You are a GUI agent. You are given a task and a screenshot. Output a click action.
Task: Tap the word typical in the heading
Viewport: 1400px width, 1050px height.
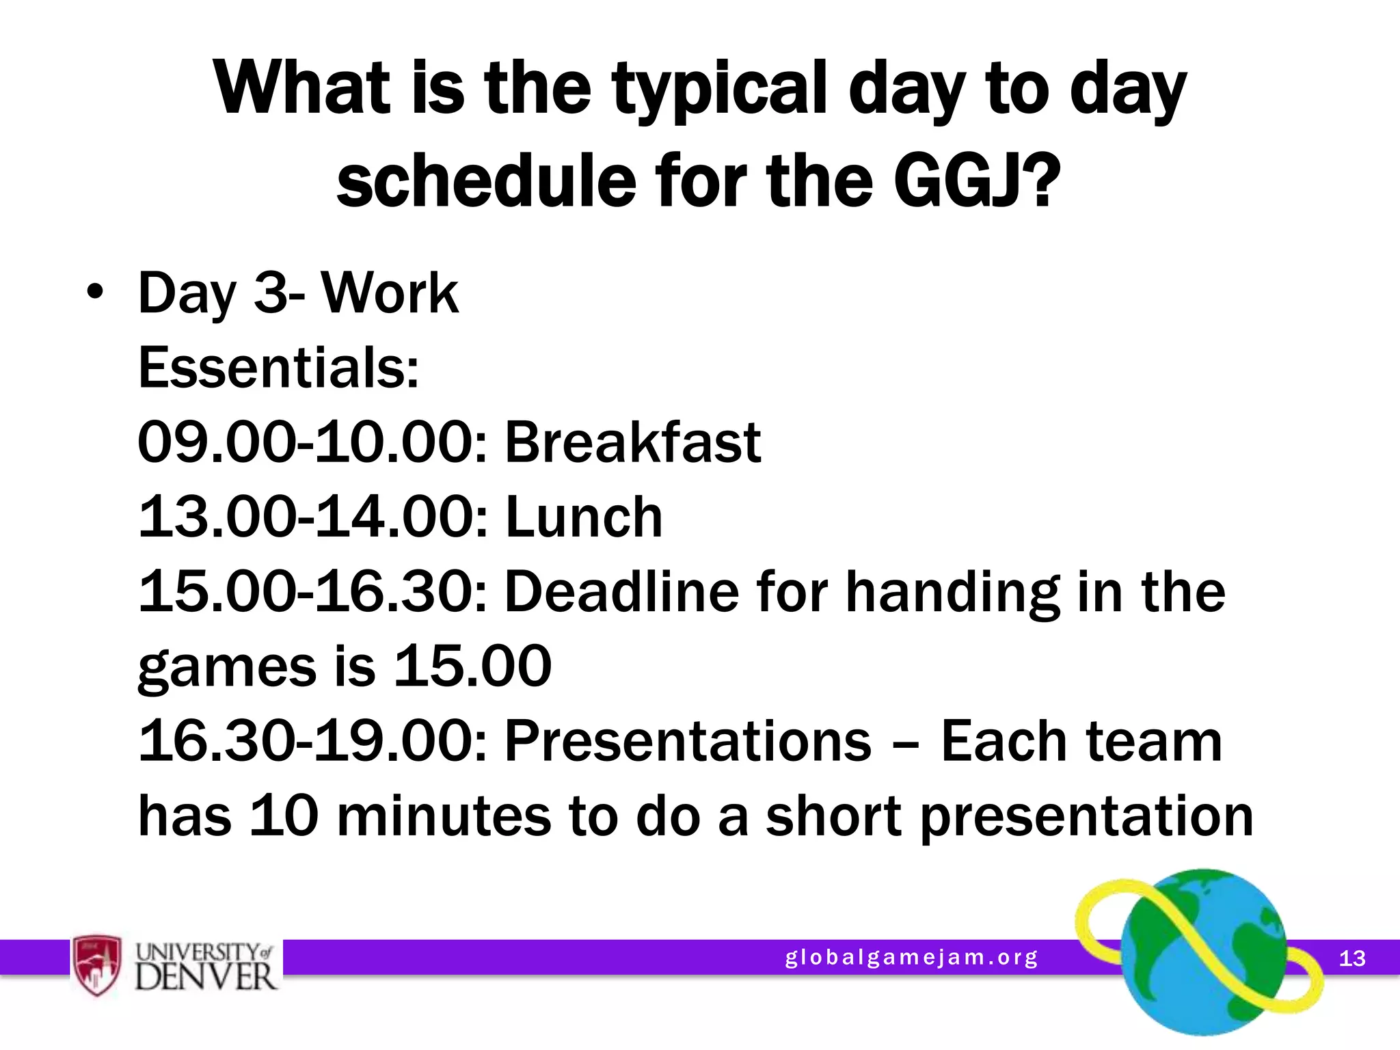718,89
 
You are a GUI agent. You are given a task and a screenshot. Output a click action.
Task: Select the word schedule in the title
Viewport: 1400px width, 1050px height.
485,180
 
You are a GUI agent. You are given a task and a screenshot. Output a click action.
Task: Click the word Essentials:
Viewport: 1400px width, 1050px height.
278,367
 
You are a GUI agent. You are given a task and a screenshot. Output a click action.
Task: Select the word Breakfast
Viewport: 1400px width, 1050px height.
632,442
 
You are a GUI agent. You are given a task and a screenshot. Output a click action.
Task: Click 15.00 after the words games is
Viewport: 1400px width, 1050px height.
472,666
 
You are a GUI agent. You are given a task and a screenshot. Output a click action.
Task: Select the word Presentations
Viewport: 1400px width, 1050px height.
688,741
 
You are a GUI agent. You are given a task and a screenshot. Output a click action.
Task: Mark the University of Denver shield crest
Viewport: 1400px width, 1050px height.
97,965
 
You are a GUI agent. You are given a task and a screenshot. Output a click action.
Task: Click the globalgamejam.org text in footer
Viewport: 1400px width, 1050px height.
911,958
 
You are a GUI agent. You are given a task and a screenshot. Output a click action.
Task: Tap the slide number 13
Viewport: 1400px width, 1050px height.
1351,958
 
